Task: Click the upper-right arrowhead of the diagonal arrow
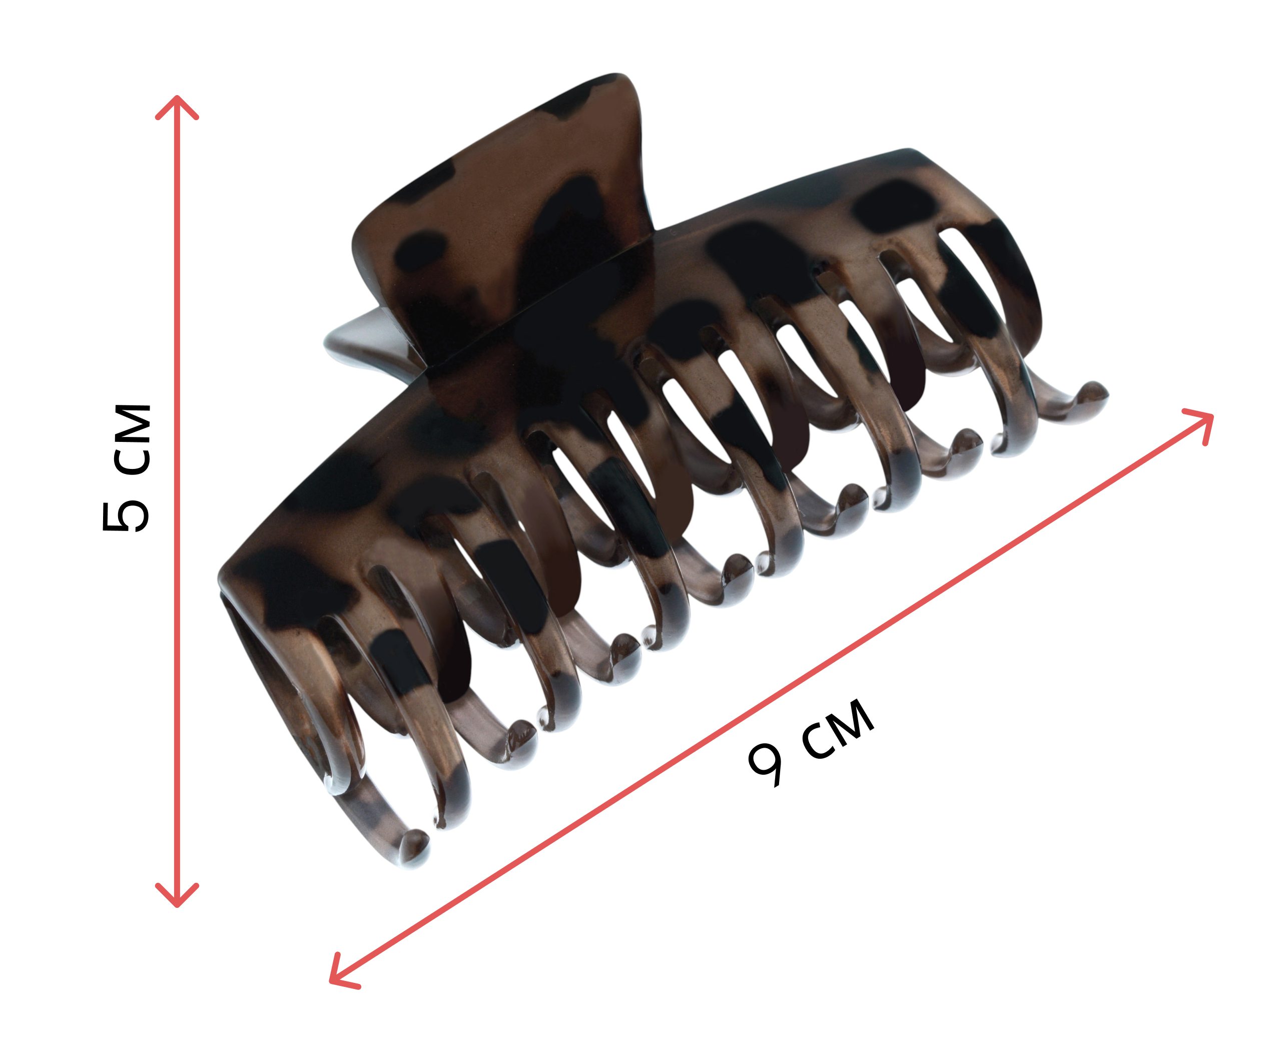pyautogui.click(x=1201, y=424)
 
